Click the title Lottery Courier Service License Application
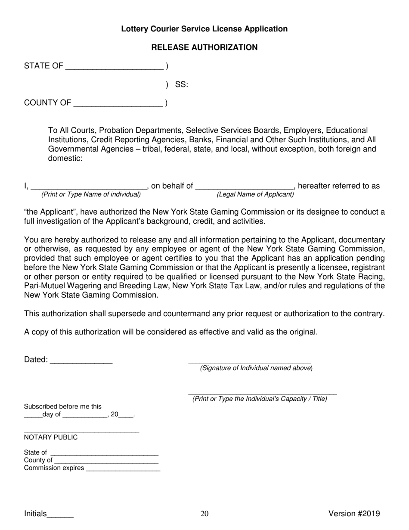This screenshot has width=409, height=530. click(204, 29)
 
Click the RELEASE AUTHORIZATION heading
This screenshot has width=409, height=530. click(204, 47)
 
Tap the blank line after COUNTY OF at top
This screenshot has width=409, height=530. click(118, 103)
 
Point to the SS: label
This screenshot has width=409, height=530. click(181, 85)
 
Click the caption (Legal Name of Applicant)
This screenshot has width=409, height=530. click(255, 195)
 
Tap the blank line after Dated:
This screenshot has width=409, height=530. click(81, 361)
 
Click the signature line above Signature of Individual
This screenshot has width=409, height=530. click(250, 362)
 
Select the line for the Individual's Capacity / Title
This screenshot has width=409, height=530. click(263, 393)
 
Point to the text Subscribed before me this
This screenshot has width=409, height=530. click(63, 406)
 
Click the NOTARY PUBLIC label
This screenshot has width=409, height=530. click(51, 437)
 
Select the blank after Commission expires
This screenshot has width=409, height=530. click(123, 469)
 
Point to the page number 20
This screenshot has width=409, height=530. click(204, 513)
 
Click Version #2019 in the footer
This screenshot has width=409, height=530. click(354, 513)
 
